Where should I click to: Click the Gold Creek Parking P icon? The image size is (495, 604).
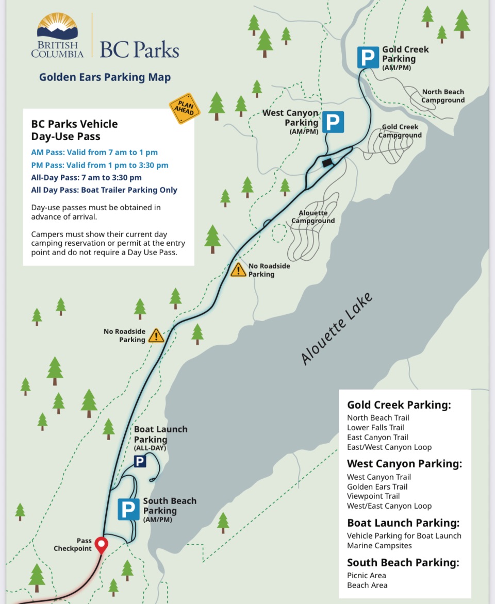368,57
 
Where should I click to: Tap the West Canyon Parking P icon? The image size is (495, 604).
333,123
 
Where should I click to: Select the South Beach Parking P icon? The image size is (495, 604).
128,509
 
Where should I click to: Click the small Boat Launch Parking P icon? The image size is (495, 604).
140,461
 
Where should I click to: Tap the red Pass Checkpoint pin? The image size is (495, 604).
102,544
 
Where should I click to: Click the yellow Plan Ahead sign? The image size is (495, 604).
185,108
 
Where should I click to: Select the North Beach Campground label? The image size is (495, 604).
443,96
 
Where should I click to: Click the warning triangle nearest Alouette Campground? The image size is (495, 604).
238,270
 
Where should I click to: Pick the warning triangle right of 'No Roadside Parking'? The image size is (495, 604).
156,336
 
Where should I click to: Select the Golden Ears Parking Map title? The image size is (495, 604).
105,77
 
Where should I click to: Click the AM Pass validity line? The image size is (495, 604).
94,152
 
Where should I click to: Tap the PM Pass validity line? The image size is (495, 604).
100,165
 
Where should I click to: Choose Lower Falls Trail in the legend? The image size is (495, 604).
375,427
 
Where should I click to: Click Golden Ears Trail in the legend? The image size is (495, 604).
377,486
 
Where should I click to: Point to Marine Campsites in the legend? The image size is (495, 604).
379,545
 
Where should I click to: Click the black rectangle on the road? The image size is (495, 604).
327,162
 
